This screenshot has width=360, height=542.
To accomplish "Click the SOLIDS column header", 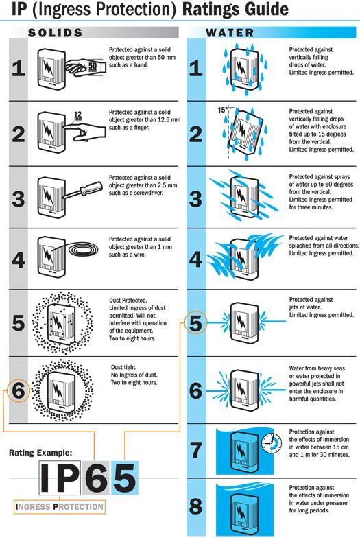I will (56, 32).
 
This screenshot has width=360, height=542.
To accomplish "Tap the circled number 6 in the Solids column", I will (19, 390).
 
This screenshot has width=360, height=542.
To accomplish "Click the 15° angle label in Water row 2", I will (221, 110).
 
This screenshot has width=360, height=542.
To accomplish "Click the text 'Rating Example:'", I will (40, 453).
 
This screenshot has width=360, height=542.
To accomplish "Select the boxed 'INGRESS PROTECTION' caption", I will (60, 507).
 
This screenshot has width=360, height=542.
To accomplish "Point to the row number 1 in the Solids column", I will (19, 71).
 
